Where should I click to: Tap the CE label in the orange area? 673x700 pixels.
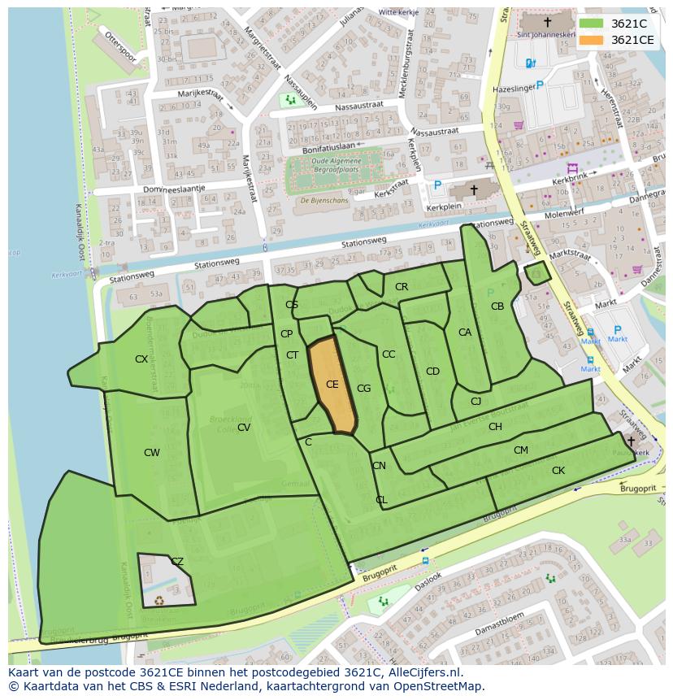coord(332,385)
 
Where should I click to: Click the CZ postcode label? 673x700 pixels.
coord(177,562)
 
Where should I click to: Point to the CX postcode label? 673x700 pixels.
coord(141,359)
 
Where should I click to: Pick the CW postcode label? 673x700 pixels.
coord(152,453)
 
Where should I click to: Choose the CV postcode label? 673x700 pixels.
coord(244,428)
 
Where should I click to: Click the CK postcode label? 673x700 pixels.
coord(558,471)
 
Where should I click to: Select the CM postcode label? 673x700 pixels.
coord(521,450)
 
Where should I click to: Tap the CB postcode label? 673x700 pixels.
coord(497,307)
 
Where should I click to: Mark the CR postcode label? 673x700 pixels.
coord(402,287)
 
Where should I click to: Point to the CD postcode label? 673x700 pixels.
coord(432,372)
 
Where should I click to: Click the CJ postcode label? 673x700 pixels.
coord(476,401)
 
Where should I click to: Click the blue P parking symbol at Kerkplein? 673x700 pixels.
coord(437,186)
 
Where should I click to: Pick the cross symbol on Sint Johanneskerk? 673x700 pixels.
coord(547,23)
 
